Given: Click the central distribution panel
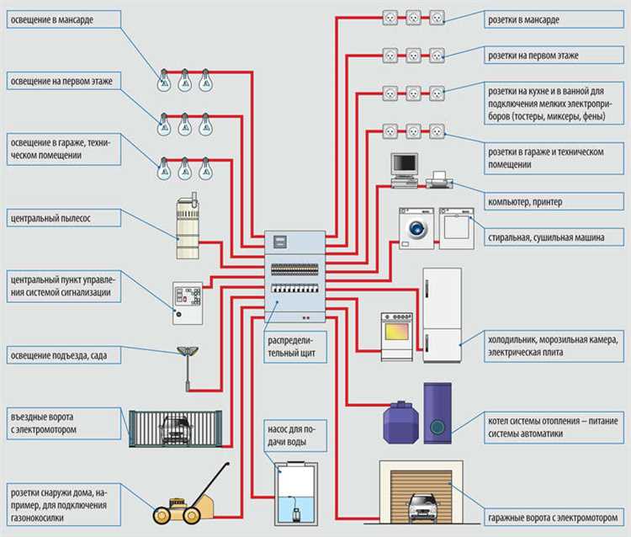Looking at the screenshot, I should click(295, 275).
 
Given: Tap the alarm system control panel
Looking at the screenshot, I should click(188, 302).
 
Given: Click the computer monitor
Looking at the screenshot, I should click(405, 166).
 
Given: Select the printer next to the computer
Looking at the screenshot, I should click(437, 179).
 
